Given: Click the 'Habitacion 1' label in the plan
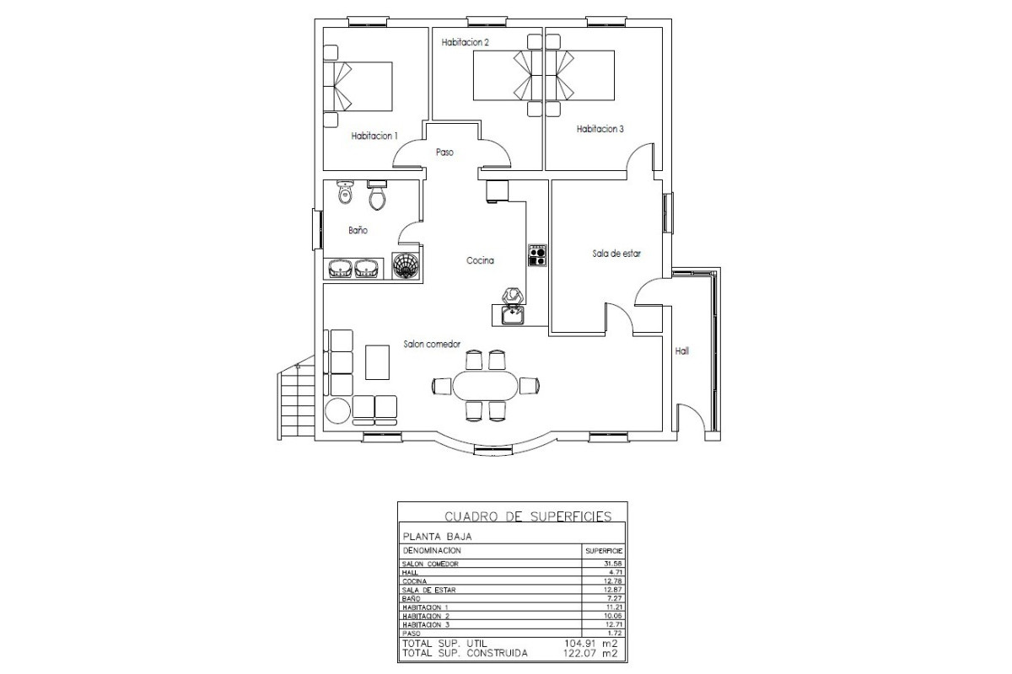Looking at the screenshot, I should point(374,135).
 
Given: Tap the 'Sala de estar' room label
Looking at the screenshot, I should point(616,253).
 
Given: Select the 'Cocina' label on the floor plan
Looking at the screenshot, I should point(480,261).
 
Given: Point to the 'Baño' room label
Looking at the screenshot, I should point(358,230).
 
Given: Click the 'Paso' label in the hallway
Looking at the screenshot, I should point(444,153).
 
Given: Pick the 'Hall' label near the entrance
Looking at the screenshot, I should point(681,351).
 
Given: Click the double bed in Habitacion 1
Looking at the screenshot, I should point(360,86).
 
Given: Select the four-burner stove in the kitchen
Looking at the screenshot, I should point(536,255).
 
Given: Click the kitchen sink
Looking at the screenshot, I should point(512,315).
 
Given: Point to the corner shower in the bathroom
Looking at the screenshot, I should point(406,265).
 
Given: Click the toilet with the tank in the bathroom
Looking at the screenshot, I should point(377,195).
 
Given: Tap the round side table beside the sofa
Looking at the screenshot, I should point(337,410).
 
